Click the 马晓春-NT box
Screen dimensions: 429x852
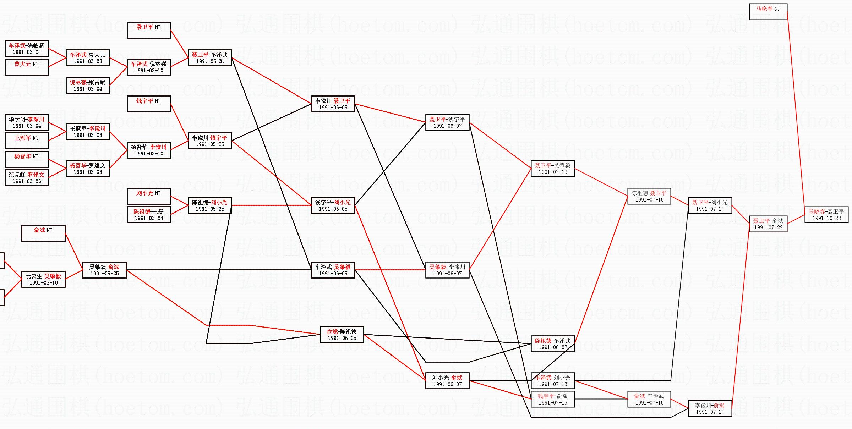pos(768,12)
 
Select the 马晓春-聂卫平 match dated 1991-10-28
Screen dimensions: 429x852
pos(826,215)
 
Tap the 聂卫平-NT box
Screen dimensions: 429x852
pos(149,30)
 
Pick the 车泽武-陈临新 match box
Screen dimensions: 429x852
pos(27,49)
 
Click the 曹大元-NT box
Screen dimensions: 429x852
pos(27,67)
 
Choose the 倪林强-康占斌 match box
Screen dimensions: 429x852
pos(88,86)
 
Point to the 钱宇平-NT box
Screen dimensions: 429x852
pos(149,104)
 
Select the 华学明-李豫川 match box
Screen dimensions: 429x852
pos(27,122)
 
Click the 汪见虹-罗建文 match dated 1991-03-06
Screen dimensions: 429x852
pos(27,178)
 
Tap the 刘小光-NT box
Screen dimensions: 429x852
pos(149,196)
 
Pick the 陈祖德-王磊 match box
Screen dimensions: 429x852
pos(149,215)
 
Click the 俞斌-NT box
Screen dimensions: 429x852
pos(43,233)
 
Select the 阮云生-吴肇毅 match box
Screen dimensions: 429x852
pos(43,279)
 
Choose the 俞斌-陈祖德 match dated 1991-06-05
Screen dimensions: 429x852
pos(342,335)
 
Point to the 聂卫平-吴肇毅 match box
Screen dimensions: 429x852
pos(553,169)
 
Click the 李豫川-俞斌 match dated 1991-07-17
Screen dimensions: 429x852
pos(710,408)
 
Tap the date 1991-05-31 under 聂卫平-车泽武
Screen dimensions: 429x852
pos(210,61)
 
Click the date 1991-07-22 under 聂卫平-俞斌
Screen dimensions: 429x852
pos(768,227)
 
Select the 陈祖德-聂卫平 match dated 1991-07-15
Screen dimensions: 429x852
pos(649,196)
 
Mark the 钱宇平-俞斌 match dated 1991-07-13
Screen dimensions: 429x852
pos(553,399)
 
